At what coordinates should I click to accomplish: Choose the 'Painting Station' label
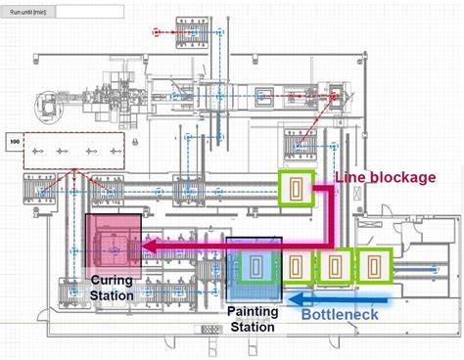tap(253, 320)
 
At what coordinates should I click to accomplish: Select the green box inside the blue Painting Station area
tap(257, 266)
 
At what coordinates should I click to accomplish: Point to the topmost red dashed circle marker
tap(157, 32)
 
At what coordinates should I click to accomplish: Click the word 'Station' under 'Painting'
tap(253, 328)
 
